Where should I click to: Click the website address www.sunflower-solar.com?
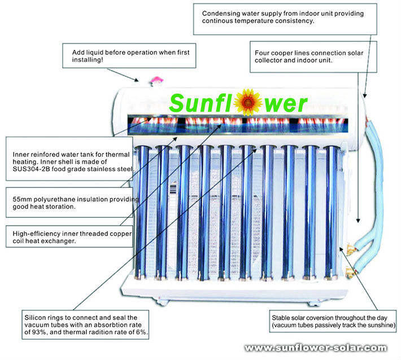pyautogui.click(x=316, y=348)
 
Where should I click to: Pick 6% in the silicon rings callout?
pyautogui.click(x=141, y=333)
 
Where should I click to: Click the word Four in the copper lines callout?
pyautogui.click(x=263, y=52)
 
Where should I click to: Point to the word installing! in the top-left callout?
pyautogui.click(x=84, y=59)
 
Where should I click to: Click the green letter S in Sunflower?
pyautogui.click(x=178, y=103)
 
